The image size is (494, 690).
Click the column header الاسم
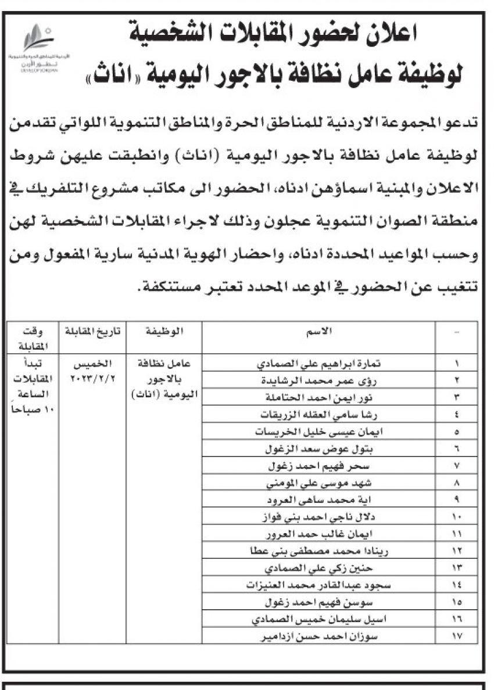pyautogui.click(x=318, y=330)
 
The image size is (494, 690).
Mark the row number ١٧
pyautogui.click(x=456, y=637)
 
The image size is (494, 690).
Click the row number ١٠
pyautogui.click(x=456, y=516)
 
